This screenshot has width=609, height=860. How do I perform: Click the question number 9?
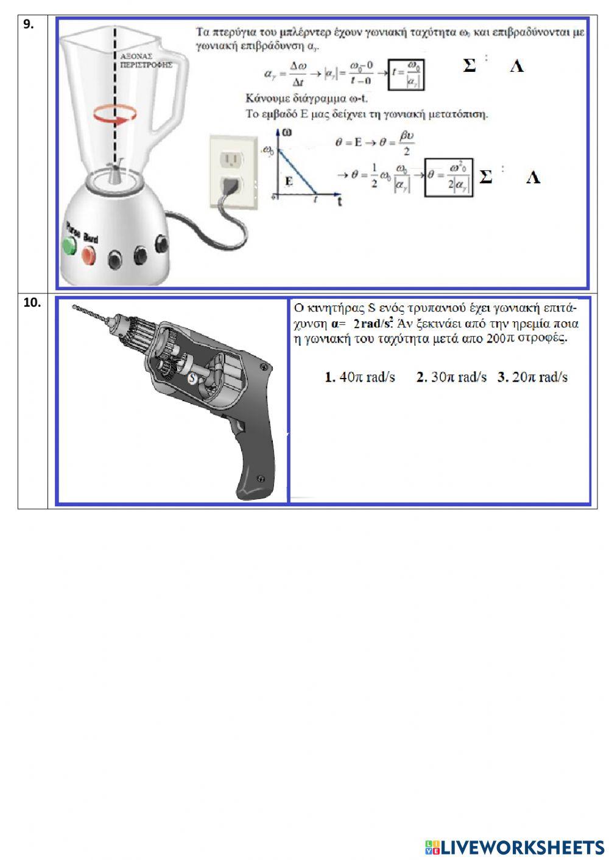click(28, 24)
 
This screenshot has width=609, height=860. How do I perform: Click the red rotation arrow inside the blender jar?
click(114, 115)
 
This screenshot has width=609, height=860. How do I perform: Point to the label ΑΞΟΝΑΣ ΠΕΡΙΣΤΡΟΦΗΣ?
click(146, 59)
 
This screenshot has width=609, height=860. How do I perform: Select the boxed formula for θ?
click(449, 177)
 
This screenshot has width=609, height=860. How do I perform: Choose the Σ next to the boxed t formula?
click(469, 66)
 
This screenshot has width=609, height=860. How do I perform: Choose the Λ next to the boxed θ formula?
click(533, 177)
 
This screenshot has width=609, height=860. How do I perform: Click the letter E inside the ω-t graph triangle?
click(289, 181)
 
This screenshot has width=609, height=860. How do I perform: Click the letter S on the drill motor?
click(192, 378)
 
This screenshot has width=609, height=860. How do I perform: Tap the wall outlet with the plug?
click(230, 170)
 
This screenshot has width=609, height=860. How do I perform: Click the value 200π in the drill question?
click(501, 339)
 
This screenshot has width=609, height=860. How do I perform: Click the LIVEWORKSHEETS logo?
click(514, 847)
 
